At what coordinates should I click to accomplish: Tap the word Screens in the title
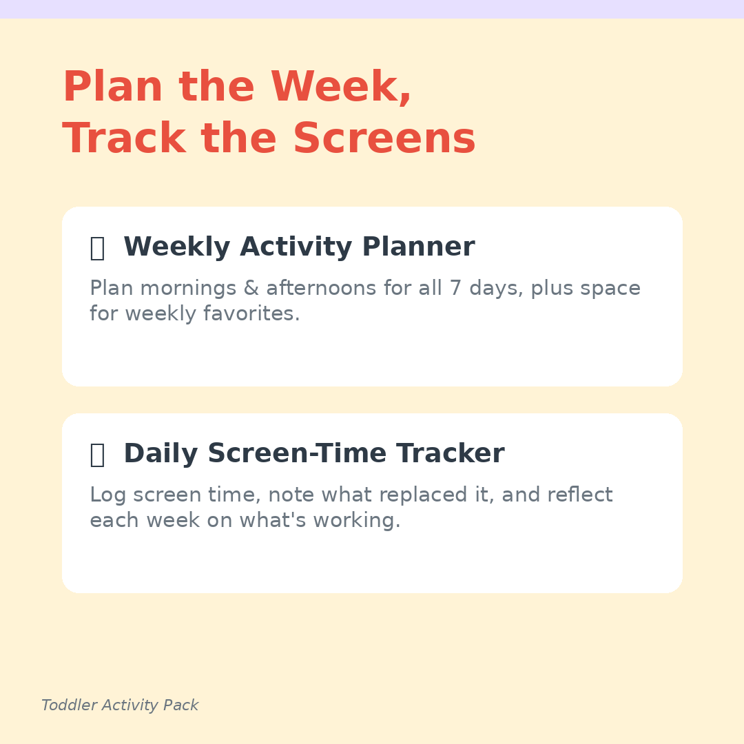pos(384,138)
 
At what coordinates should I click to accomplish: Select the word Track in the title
pos(124,138)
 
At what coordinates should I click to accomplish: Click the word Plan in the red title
pos(113,86)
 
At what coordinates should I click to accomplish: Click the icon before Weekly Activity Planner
pos(97,248)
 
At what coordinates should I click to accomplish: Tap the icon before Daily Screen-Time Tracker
pos(97,455)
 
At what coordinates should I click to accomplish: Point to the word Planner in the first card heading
pos(418,246)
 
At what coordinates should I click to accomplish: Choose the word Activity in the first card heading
pos(296,247)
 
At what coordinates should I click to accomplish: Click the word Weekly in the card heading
pos(177,247)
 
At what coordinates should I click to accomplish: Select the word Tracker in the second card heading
pos(451,453)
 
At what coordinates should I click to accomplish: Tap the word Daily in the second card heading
pos(161,453)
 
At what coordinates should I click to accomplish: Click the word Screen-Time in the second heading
pos(297,453)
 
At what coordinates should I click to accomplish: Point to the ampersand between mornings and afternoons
pos(251,288)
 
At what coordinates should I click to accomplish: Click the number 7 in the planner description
pos(455,288)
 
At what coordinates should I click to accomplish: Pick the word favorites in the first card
pos(251,313)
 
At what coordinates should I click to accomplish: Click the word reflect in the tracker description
pos(580,495)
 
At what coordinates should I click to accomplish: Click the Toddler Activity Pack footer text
pos(120,705)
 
